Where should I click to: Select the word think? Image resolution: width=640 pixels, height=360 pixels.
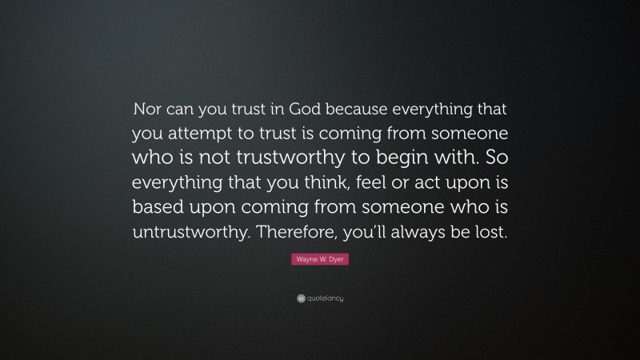(311, 183)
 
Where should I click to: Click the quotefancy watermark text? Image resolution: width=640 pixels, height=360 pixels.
(325, 298)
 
